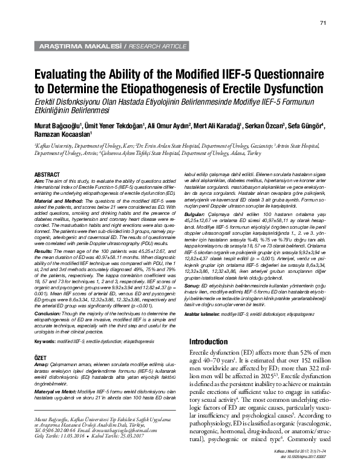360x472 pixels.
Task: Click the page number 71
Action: (x=323, y=23)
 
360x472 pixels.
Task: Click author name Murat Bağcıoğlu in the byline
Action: (x=58, y=125)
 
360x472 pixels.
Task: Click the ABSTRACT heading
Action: (x=47, y=175)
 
